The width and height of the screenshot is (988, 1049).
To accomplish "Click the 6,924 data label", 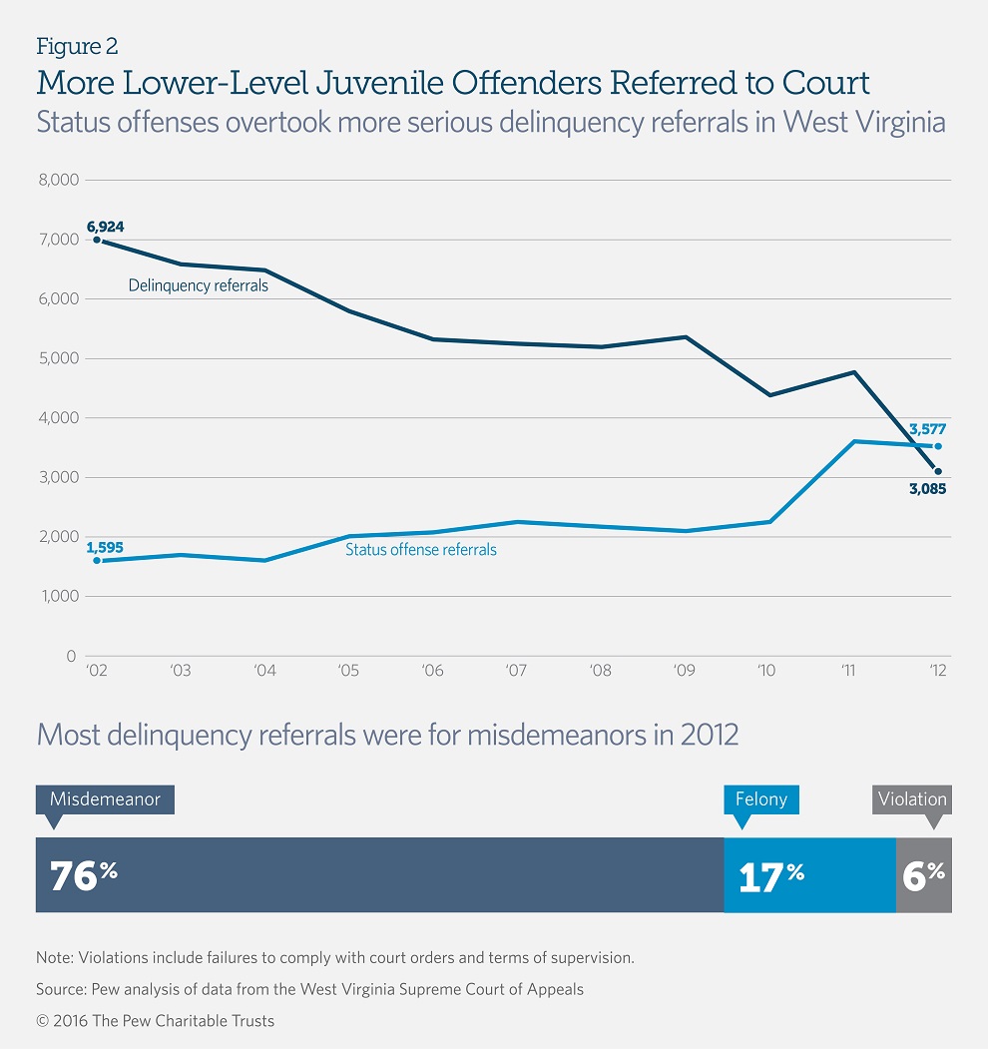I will pyautogui.click(x=104, y=226).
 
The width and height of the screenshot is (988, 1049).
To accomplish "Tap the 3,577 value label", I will pyautogui.click(x=926, y=430).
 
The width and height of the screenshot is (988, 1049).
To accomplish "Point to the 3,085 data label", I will pyautogui.click(x=926, y=490).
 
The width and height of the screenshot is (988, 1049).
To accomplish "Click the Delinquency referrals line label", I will pyautogui.click(x=198, y=285).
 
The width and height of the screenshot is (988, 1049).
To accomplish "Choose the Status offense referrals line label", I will pyautogui.click(x=420, y=549).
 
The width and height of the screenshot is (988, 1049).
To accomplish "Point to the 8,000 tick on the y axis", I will pyautogui.click(x=57, y=181).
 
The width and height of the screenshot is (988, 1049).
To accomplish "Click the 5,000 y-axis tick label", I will pyautogui.click(x=57, y=359).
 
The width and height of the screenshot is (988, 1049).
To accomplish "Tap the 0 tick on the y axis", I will pyautogui.click(x=70, y=656).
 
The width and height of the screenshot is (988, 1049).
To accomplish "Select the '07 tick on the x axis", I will pyautogui.click(x=517, y=671).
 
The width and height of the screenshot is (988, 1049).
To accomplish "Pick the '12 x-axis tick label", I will pyautogui.click(x=937, y=671).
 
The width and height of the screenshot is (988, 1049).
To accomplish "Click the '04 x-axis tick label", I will pyautogui.click(x=264, y=671).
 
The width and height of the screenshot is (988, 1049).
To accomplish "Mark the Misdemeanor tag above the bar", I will pyautogui.click(x=105, y=798).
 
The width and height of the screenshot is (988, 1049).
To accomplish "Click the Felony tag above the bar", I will pyautogui.click(x=762, y=798).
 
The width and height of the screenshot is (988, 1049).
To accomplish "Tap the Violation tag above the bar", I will pyautogui.click(x=912, y=798).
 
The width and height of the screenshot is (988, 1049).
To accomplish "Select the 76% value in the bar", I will pyautogui.click(x=84, y=875).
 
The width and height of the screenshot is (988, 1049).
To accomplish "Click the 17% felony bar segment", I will pyautogui.click(x=809, y=875).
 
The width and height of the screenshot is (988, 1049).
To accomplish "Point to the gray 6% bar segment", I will pyautogui.click(x=923, y=875).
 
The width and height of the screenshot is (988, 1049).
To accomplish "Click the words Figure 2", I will pyautogui.click(x=78, y=46).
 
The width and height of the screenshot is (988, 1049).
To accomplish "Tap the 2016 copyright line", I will pyautogui.click(x=155, y=1020).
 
